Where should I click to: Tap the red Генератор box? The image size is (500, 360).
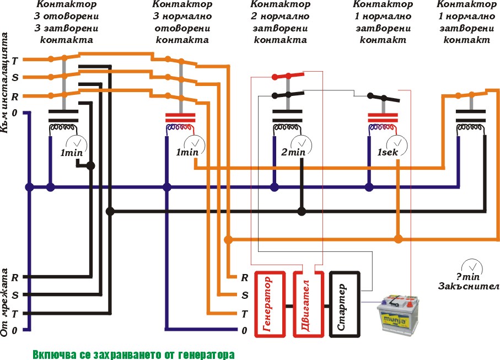[x=268, y=304]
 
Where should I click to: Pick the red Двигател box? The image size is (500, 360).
[x=305, y=304]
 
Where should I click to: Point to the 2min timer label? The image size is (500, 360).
[x=293, y=152]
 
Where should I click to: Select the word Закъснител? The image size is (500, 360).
[x=469, y=286]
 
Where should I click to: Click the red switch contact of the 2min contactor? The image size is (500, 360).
[x=287, y=76]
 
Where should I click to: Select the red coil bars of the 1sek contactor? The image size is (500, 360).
[x=382, y=117]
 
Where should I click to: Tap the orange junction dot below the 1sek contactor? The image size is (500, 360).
[x=398, y=239]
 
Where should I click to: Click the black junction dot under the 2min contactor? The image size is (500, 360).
[x=302, y=211]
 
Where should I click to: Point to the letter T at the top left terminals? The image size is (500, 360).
[x=15, y=60]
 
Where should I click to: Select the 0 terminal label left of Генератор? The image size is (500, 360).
[x=244, y=331]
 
